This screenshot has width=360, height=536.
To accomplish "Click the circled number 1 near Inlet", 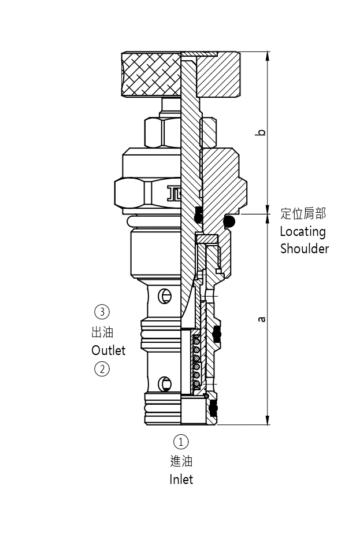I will point(181,442).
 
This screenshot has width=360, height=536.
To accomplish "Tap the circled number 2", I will point(102,368).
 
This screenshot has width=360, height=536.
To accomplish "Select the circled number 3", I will point(102,312).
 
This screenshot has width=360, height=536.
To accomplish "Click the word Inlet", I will point(181,479).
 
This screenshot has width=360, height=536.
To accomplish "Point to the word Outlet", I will point(108,350).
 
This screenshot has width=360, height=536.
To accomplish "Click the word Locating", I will point(303,232).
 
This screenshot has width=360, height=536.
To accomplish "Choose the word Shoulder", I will point(305,249).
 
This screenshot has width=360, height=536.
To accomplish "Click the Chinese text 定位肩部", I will point(303,214).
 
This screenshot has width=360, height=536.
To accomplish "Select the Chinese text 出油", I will point(102,332).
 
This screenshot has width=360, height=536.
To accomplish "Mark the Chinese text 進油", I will point(181,461).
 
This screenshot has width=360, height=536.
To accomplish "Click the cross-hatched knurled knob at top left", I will point(151,74).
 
